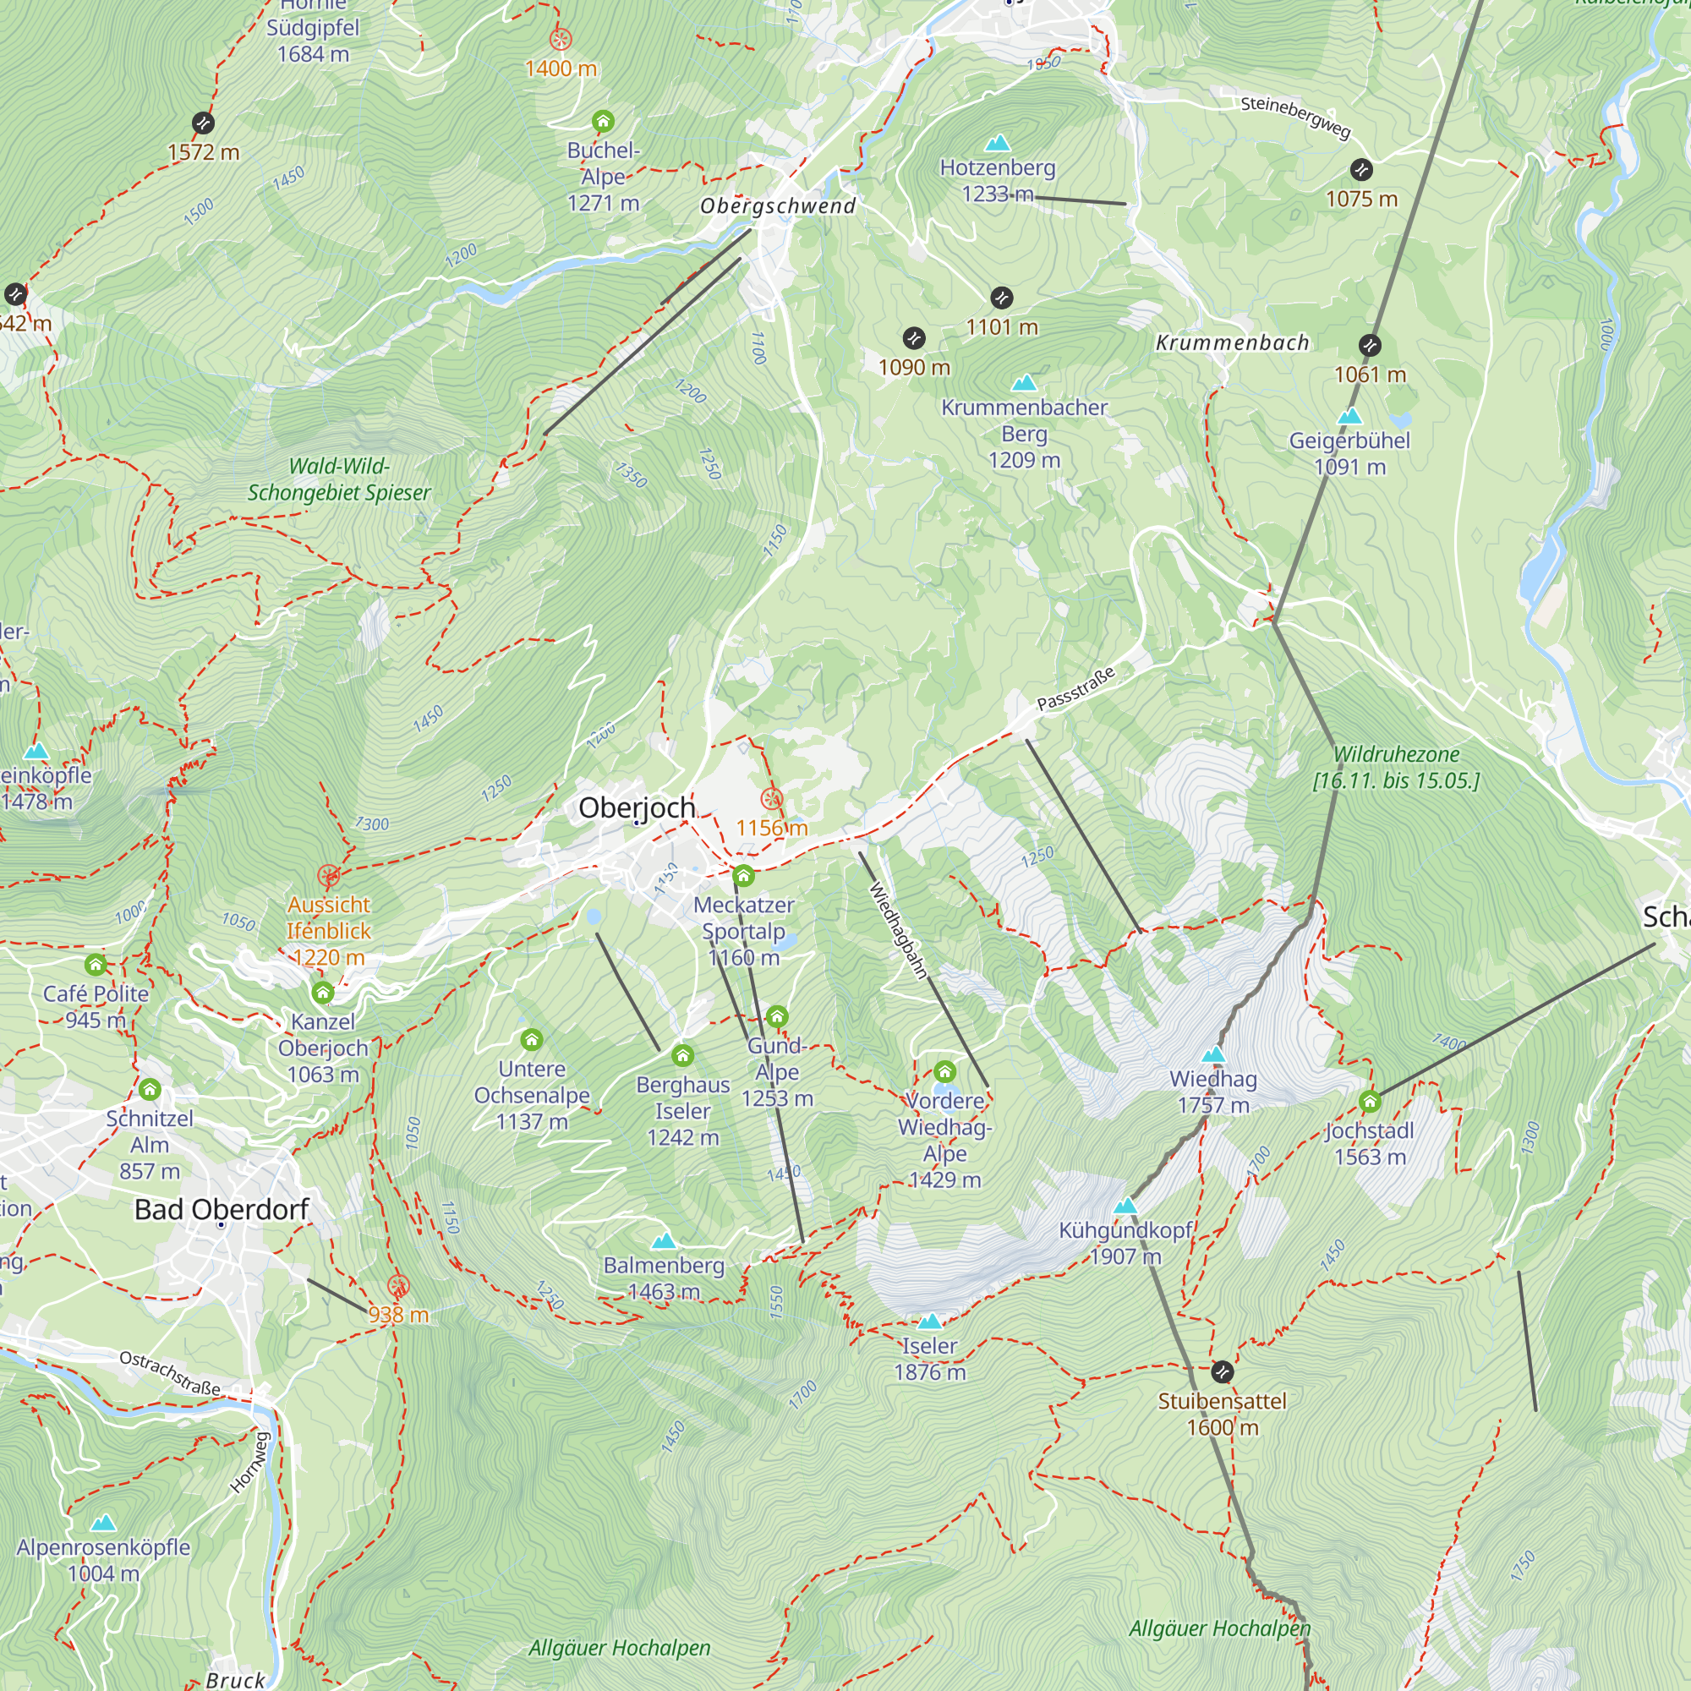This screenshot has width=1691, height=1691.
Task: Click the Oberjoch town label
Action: point(637,807)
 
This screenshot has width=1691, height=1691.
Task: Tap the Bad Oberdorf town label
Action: point(222,1210)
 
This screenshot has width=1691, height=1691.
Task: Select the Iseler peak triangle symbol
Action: point(929,1322)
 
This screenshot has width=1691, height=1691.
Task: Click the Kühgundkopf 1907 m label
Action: point(1125,1244)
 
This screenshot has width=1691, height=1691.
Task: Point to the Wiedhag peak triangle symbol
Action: point(1213,1054)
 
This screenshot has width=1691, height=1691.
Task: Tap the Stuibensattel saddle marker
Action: point(1223,1371)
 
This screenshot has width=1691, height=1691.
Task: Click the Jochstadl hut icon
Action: point(1370,1101)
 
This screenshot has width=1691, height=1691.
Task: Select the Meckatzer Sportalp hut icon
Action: point(743,875)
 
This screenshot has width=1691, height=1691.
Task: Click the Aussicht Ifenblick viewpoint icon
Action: point(328,875)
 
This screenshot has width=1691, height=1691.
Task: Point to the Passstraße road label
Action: point(1075,689)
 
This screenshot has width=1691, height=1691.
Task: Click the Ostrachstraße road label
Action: point(170,1373)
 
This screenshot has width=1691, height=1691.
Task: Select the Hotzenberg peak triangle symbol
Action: point(998,143)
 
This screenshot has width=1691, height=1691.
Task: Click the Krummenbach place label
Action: point(1233,343)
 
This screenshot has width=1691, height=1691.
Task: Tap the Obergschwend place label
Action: point(778,206)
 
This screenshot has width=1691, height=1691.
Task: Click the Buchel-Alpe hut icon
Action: point(603,121)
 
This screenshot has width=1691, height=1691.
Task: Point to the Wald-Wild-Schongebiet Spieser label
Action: point(339,479)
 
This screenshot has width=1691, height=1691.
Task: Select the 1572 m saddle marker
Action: point(203,123)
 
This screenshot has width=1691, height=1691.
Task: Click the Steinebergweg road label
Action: point(1295,118)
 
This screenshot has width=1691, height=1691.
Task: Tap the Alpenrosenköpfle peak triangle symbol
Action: point(103,1523)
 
